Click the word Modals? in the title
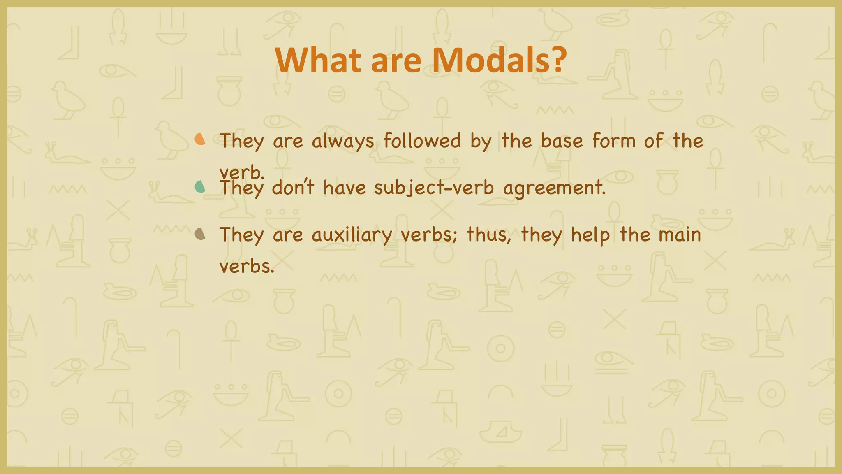(499, 60)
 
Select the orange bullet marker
(200, 139)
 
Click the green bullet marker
(200, 187)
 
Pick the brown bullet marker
(200, 234)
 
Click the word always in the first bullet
(343, 142)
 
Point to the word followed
(422, 141)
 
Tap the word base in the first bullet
(562, 141)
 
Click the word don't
(293, 188)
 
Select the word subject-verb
(434, 188)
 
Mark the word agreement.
(554, 188)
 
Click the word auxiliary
(352, 235)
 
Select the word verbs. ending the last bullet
(246, 266)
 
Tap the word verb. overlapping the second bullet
(241, 172)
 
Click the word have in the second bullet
(344, 188)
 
